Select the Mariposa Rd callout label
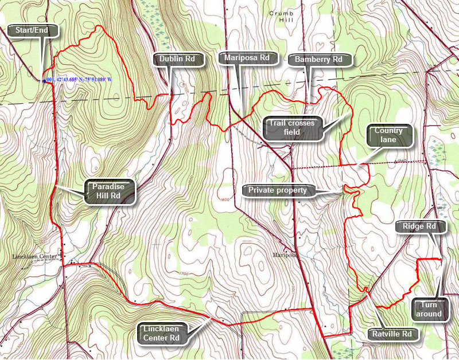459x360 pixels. point(248,57)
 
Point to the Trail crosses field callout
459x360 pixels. point(291,127)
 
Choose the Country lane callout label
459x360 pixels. point(388,135)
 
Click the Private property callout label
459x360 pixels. point(278,190)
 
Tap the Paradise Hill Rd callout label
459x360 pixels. point(110,191)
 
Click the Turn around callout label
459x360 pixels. point(429,309)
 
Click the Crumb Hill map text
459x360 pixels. point(279,15)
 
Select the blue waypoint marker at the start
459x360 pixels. point(43,80)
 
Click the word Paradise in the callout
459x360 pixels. point(110,186)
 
